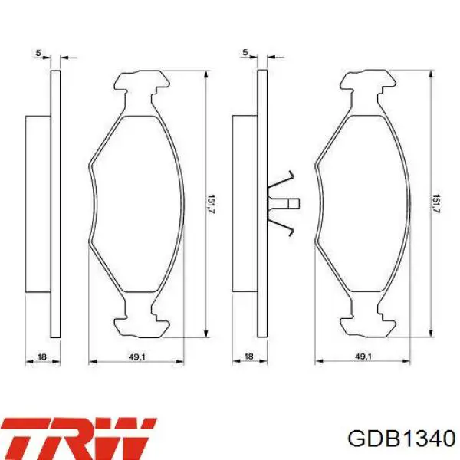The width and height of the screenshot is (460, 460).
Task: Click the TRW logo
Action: [79, 439]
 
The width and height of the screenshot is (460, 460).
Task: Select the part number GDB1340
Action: [401, 439]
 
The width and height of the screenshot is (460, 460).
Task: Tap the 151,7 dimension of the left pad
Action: [212, 204]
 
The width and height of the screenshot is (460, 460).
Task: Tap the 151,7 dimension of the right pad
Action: [436, 204]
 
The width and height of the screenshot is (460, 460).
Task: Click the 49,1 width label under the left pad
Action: [137, 356]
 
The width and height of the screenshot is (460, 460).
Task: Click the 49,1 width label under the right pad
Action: [363, 356]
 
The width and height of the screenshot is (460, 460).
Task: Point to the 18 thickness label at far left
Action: [42, 356]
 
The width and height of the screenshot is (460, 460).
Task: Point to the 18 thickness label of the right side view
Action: [248, 356]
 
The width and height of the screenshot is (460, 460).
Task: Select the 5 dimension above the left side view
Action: [38, 53]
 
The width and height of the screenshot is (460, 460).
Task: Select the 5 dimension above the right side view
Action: [245, 53]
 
